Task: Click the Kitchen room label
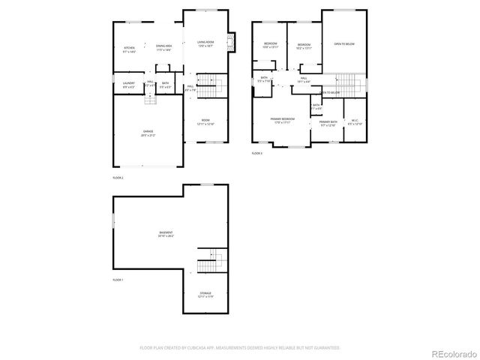point(130,49)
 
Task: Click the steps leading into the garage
point(151,99)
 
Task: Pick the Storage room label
point(205,295)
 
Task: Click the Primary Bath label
point(328,122)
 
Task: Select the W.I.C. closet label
point(355,122)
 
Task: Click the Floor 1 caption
point(118,280)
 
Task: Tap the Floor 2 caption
point(118,177)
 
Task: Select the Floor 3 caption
point(256,153)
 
